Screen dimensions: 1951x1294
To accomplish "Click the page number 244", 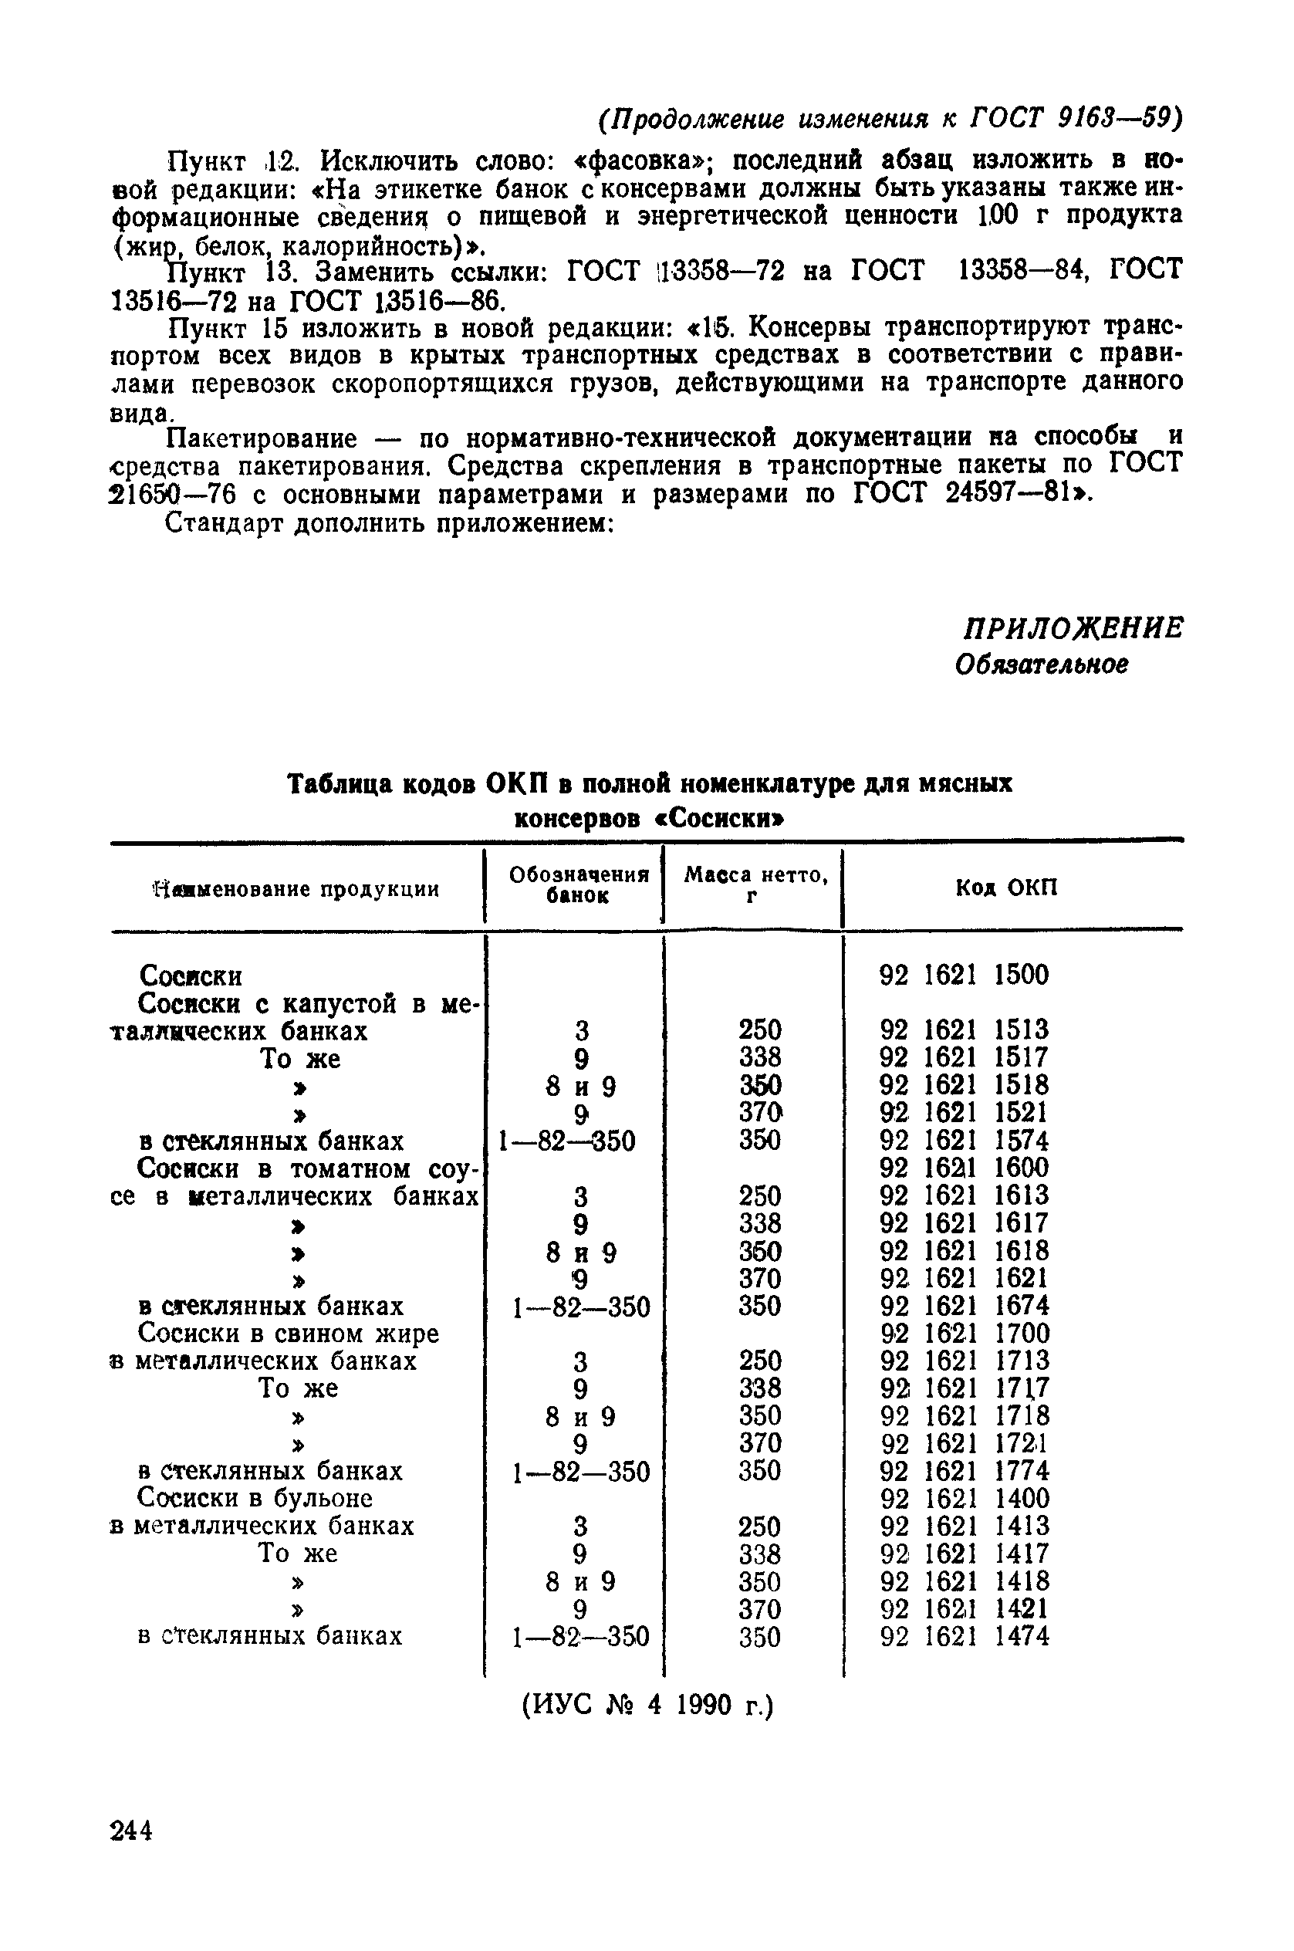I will (131, 1831).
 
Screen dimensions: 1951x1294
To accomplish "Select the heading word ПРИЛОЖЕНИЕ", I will (1073, 629).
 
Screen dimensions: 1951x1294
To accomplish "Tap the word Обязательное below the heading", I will (1042, 664).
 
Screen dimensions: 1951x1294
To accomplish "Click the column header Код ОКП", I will (1006, 888).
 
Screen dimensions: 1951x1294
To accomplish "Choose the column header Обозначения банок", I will (579, 884).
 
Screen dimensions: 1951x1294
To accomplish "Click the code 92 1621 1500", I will (963, 975).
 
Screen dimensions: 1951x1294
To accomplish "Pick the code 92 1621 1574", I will (964, 1141).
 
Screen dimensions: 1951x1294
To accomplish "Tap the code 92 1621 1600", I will (964, 1168).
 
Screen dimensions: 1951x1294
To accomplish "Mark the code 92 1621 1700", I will (964, 1333).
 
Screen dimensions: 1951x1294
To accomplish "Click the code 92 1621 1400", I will (964, 1498).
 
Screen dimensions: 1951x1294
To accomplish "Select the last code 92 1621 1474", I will (964, 1635).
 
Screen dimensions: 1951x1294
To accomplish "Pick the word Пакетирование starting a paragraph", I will (262, 438).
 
